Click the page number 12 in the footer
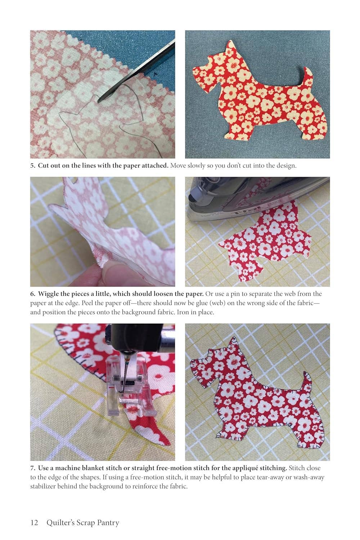click(x=34, y=523)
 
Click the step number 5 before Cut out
click(x=32, y=166)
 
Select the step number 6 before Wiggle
click(x=32, y=294)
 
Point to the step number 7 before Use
click(x=32, y=468)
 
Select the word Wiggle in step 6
click(x=48, y=294)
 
